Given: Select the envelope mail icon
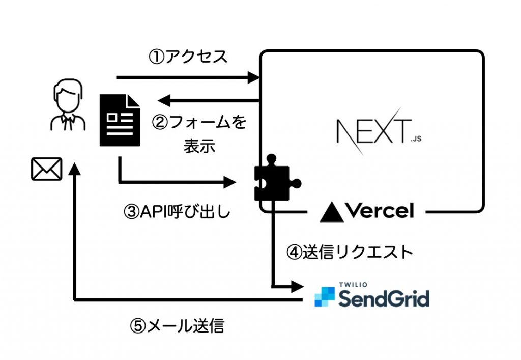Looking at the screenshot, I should coord(46,169).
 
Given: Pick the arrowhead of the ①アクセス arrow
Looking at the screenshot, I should coord(254,78).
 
